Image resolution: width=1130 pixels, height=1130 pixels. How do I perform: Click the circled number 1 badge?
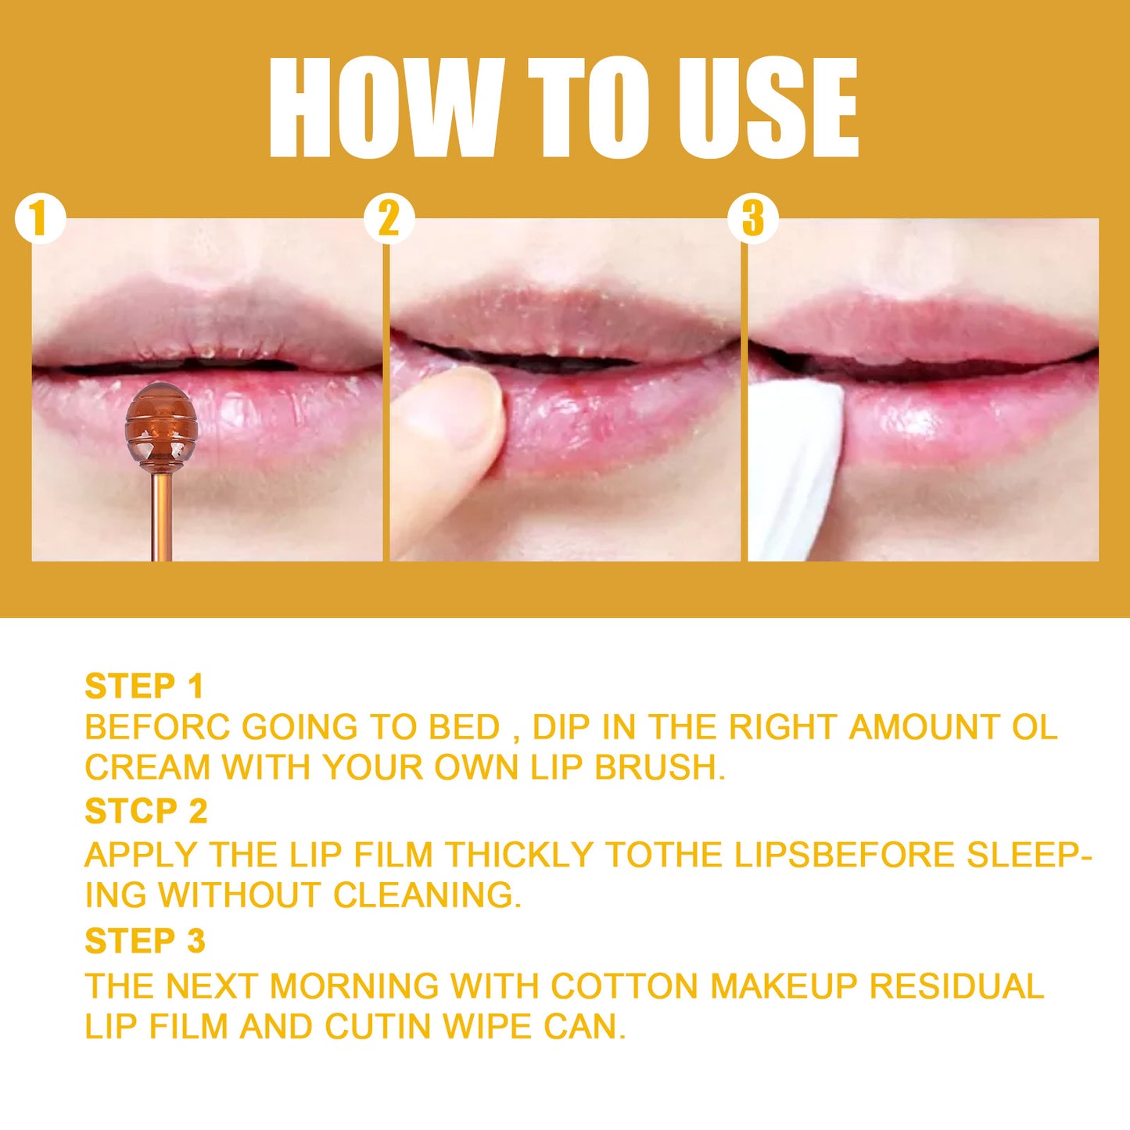39,219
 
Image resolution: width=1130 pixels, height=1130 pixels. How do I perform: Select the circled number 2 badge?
389,219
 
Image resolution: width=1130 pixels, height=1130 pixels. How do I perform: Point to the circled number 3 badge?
752,219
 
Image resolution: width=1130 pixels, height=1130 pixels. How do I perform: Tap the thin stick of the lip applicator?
162,516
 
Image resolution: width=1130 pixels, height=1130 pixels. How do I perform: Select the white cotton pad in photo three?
794,469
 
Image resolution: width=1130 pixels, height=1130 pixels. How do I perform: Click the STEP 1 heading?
144,687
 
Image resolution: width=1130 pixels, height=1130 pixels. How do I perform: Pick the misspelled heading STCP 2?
145,812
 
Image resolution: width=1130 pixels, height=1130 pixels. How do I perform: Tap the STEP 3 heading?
145,941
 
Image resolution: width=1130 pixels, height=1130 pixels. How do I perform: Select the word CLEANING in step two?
427,895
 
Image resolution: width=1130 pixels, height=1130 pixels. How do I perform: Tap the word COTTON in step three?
624,986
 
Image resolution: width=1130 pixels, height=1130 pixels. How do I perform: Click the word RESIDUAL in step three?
957,986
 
